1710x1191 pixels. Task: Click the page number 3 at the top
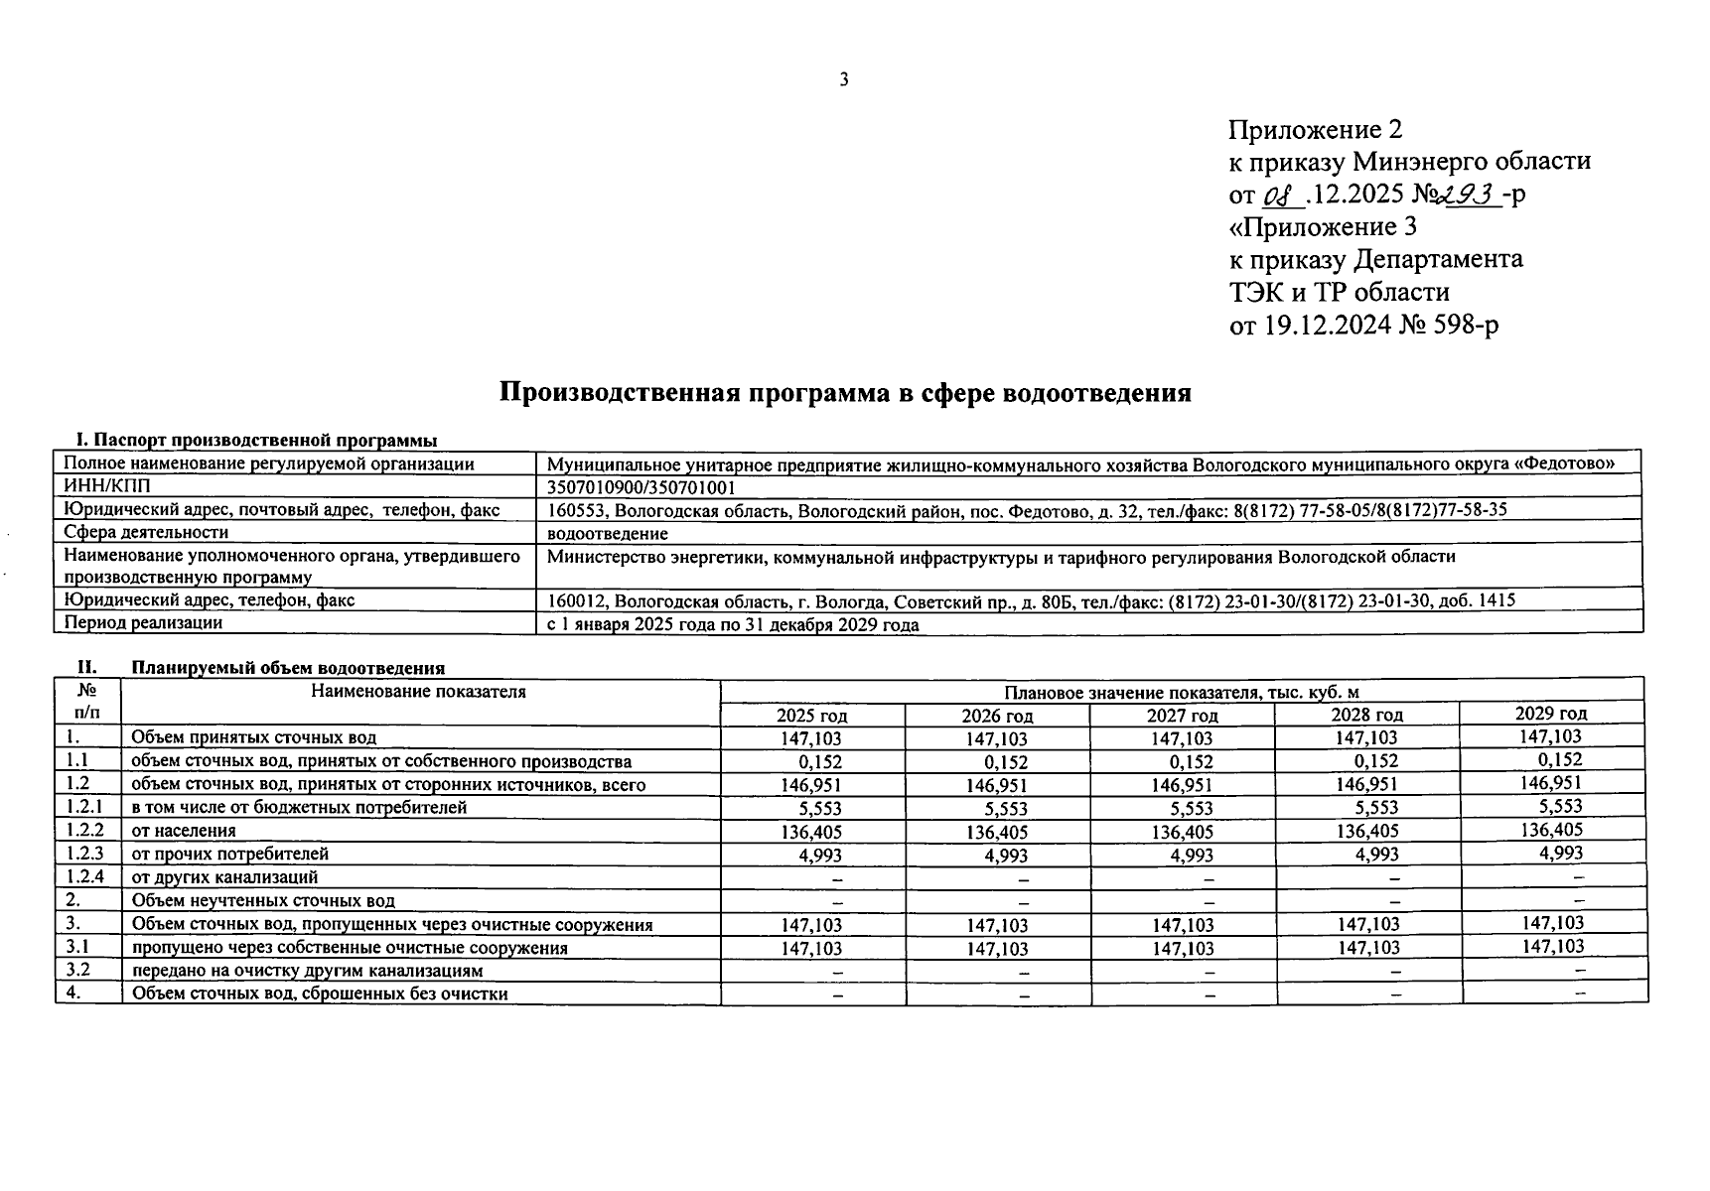(x=843, y=80)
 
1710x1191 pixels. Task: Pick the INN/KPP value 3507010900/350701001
(x=641, y=487)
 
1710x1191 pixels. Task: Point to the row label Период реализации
(x=143, y=623)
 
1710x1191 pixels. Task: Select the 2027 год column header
(x=1182, y=716)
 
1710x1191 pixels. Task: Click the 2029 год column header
(x=1550, y=714)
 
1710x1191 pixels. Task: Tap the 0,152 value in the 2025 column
(x=820, y=762)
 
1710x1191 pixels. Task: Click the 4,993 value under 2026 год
(x=1006, y=856)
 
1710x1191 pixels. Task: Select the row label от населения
(x=184, y=831)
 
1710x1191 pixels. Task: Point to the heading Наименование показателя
(x=418, y=692)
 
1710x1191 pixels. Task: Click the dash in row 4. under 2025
(x=838, y=993)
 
